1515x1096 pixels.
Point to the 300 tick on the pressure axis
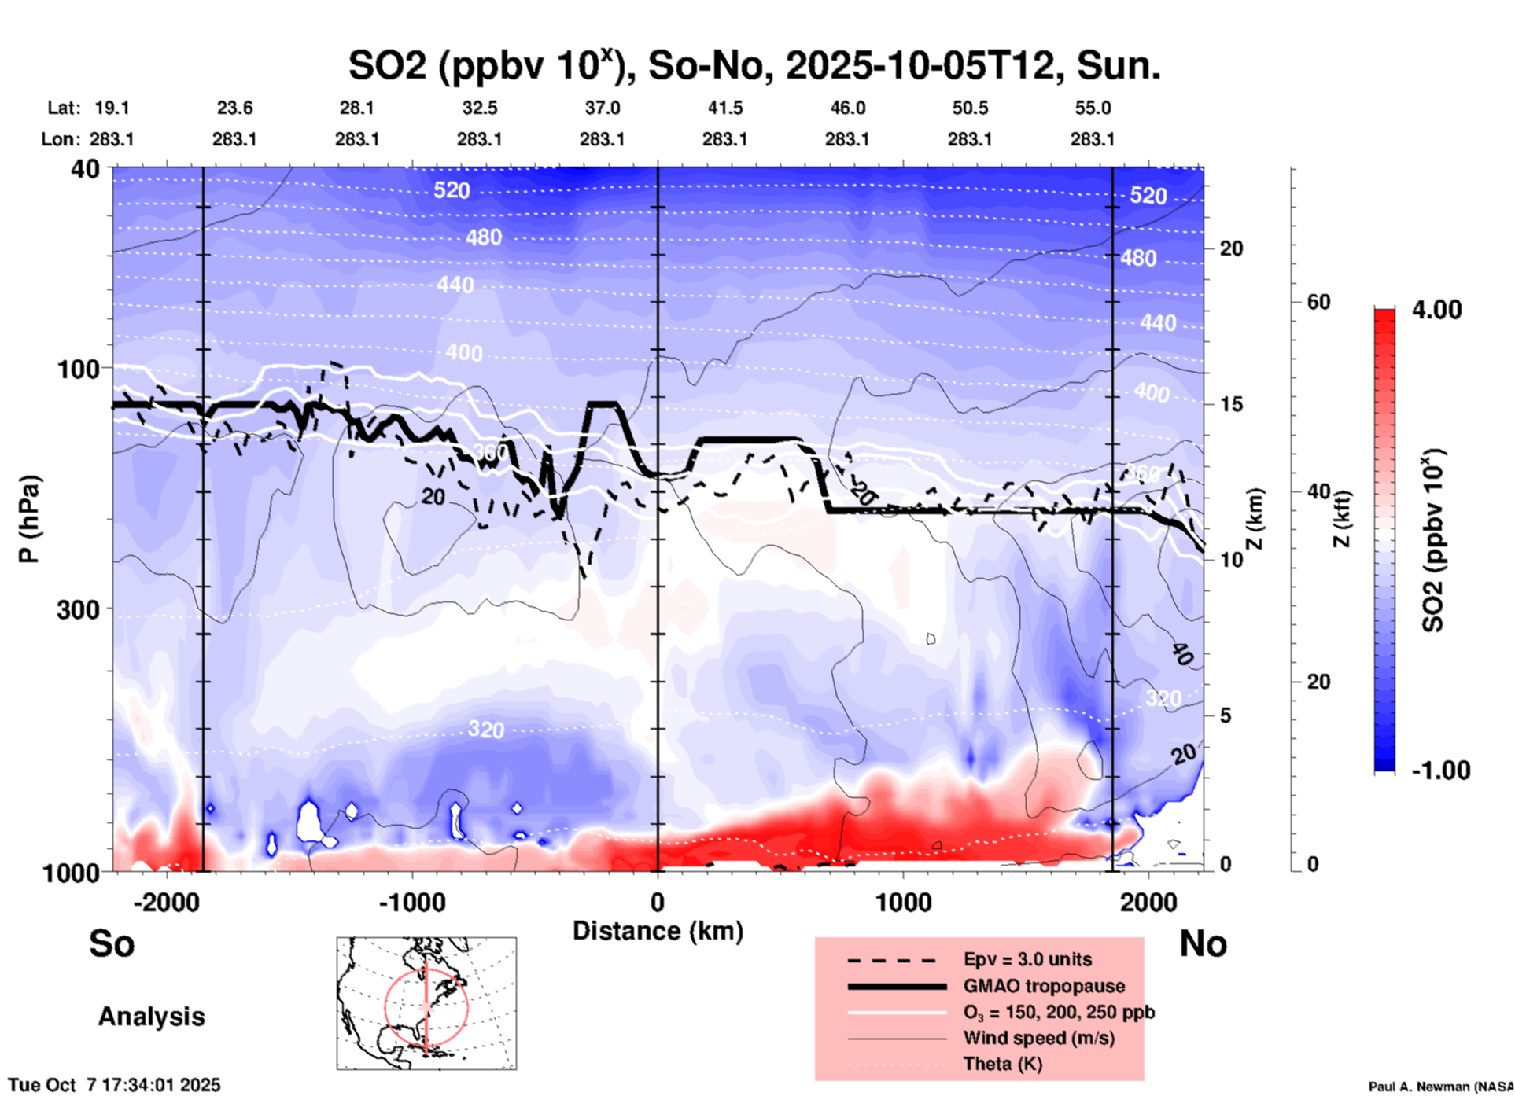coord(79,609)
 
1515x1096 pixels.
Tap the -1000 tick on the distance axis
coord(411,903)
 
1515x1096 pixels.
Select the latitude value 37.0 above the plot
coord(602,108)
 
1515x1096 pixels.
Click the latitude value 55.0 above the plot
coord(1093,108)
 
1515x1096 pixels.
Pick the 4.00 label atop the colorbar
coord(1436,310)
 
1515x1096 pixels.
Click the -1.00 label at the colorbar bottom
coord(1440,771)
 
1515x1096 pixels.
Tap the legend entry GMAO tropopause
coord(1044,986)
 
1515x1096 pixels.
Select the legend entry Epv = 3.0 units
coord(1027,959)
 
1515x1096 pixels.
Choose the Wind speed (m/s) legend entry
coord(1038,1038)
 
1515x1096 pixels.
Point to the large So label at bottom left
coord(112,943)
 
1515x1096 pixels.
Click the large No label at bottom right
coord(1203,943)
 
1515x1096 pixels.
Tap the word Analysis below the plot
coord(151,1017)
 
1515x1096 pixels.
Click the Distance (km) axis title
coord(658,931)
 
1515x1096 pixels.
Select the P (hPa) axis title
coord(29,519)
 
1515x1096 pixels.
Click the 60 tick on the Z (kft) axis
coord(1318,302)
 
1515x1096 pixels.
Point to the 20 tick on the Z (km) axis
coord(1231,249)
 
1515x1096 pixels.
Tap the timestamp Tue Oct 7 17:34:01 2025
coord(115,1085)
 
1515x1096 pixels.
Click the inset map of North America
coord(426,1003)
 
